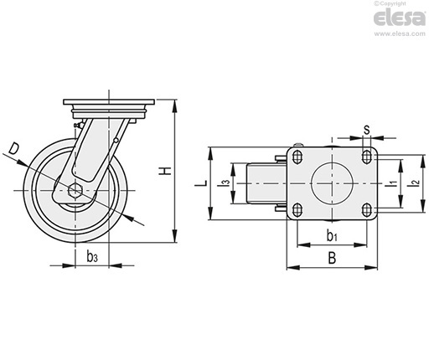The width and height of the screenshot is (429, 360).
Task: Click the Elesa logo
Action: click(400, 18)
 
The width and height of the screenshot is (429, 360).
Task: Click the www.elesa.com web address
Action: click(400, 34)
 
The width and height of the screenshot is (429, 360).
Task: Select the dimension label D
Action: click(13, 148)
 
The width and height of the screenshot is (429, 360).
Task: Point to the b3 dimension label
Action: click(92, 257)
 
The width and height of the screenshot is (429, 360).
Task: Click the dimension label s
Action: click(367, 130)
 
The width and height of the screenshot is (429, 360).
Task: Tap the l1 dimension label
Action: click(393, 183)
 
